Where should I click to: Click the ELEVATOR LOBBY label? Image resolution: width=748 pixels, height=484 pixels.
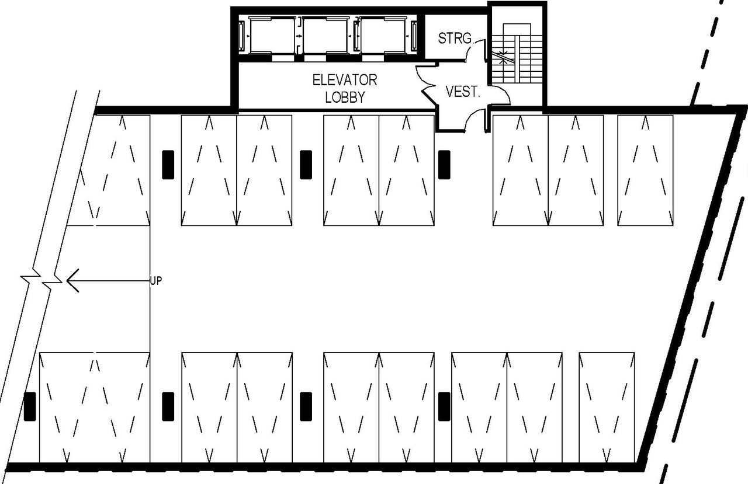(345, 88)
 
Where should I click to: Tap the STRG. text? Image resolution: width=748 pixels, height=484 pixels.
(455, 39)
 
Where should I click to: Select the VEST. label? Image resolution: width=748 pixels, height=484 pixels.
(463, 92)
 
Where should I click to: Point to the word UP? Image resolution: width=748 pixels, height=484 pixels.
(155, 281)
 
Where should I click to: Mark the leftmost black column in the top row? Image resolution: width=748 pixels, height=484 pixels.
(168, 165)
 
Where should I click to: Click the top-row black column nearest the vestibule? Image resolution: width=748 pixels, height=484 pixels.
(444, 165)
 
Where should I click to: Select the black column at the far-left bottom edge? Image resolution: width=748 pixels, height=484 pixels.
(30, 406)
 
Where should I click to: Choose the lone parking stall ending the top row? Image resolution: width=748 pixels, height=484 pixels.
(645, 170)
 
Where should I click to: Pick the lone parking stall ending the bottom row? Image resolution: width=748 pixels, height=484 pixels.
(607, 407)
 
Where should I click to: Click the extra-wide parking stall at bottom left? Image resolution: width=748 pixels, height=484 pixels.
(94, 407)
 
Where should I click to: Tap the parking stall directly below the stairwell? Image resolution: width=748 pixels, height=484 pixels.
(521, 170)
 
